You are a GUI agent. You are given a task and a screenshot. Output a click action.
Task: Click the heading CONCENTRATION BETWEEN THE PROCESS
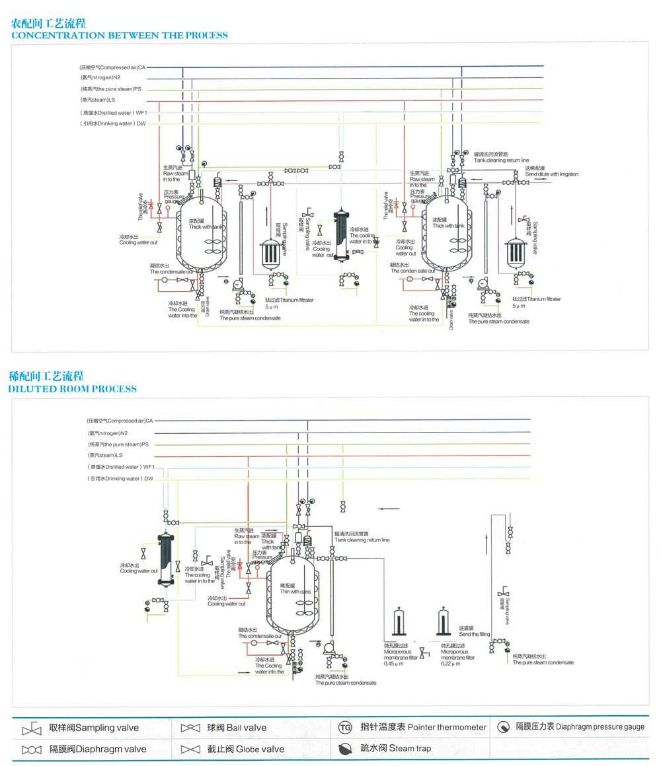point(120,35)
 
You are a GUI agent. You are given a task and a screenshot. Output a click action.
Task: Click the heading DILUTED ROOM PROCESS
point(73,388)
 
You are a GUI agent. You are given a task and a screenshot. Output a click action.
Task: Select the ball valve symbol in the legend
point(190,728)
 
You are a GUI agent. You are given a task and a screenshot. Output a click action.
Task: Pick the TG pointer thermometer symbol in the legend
point(345,728)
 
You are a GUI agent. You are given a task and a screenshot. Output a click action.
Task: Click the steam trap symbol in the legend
point(345,749)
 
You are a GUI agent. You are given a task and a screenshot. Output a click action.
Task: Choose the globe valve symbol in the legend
point(190,749)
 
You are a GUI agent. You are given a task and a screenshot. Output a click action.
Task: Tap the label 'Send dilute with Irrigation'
point(551,174)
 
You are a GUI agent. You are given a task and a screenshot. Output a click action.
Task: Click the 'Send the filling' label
point(475,634)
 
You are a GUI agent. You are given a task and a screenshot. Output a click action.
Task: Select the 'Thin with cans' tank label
point(295,591)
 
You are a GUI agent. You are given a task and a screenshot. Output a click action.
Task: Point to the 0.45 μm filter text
point(392,663)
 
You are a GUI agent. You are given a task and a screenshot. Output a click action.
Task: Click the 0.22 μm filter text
point(450,663)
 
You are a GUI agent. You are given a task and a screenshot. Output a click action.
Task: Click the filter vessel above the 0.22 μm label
point(444,623)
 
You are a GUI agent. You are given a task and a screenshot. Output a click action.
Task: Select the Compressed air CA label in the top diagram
point(112,67)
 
